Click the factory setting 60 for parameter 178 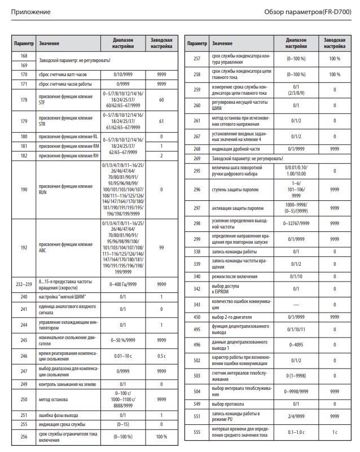click(x=161, y=99)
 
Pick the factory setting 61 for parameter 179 click(x=161, y=121)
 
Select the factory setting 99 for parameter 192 click(x=161, y=247)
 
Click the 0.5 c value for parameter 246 click(x=161, y=356)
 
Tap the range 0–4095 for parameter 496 click(x=297, y=344)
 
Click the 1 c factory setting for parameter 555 click(x=335, y=432)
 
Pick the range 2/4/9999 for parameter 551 click(x=297, y=416)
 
